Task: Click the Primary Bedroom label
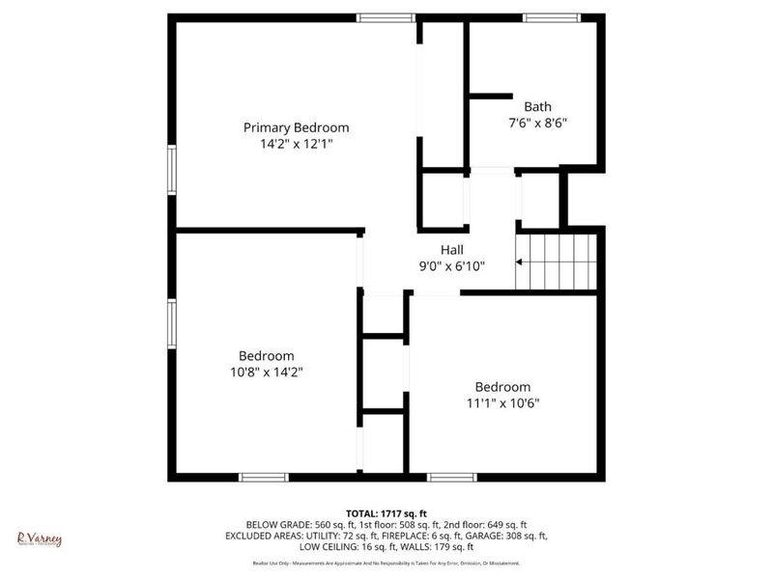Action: (296, 127)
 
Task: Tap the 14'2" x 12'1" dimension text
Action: (296, 143)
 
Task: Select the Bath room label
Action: (537, 107)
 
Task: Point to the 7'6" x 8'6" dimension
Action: (537, 123)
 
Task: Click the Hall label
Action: (452, 250)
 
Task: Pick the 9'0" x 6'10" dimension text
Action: (452, 265)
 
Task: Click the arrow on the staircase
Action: (521, 262)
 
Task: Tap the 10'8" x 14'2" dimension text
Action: (267, 372)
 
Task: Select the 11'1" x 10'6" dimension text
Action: (502, 402)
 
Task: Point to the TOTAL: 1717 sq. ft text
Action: (386, 512)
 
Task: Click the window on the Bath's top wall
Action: (552, 17)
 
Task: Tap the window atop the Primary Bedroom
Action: (386, 17)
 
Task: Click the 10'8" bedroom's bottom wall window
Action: (264, 477)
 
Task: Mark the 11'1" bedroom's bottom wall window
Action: (452, 477)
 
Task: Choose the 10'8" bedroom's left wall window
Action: (172, 323)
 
